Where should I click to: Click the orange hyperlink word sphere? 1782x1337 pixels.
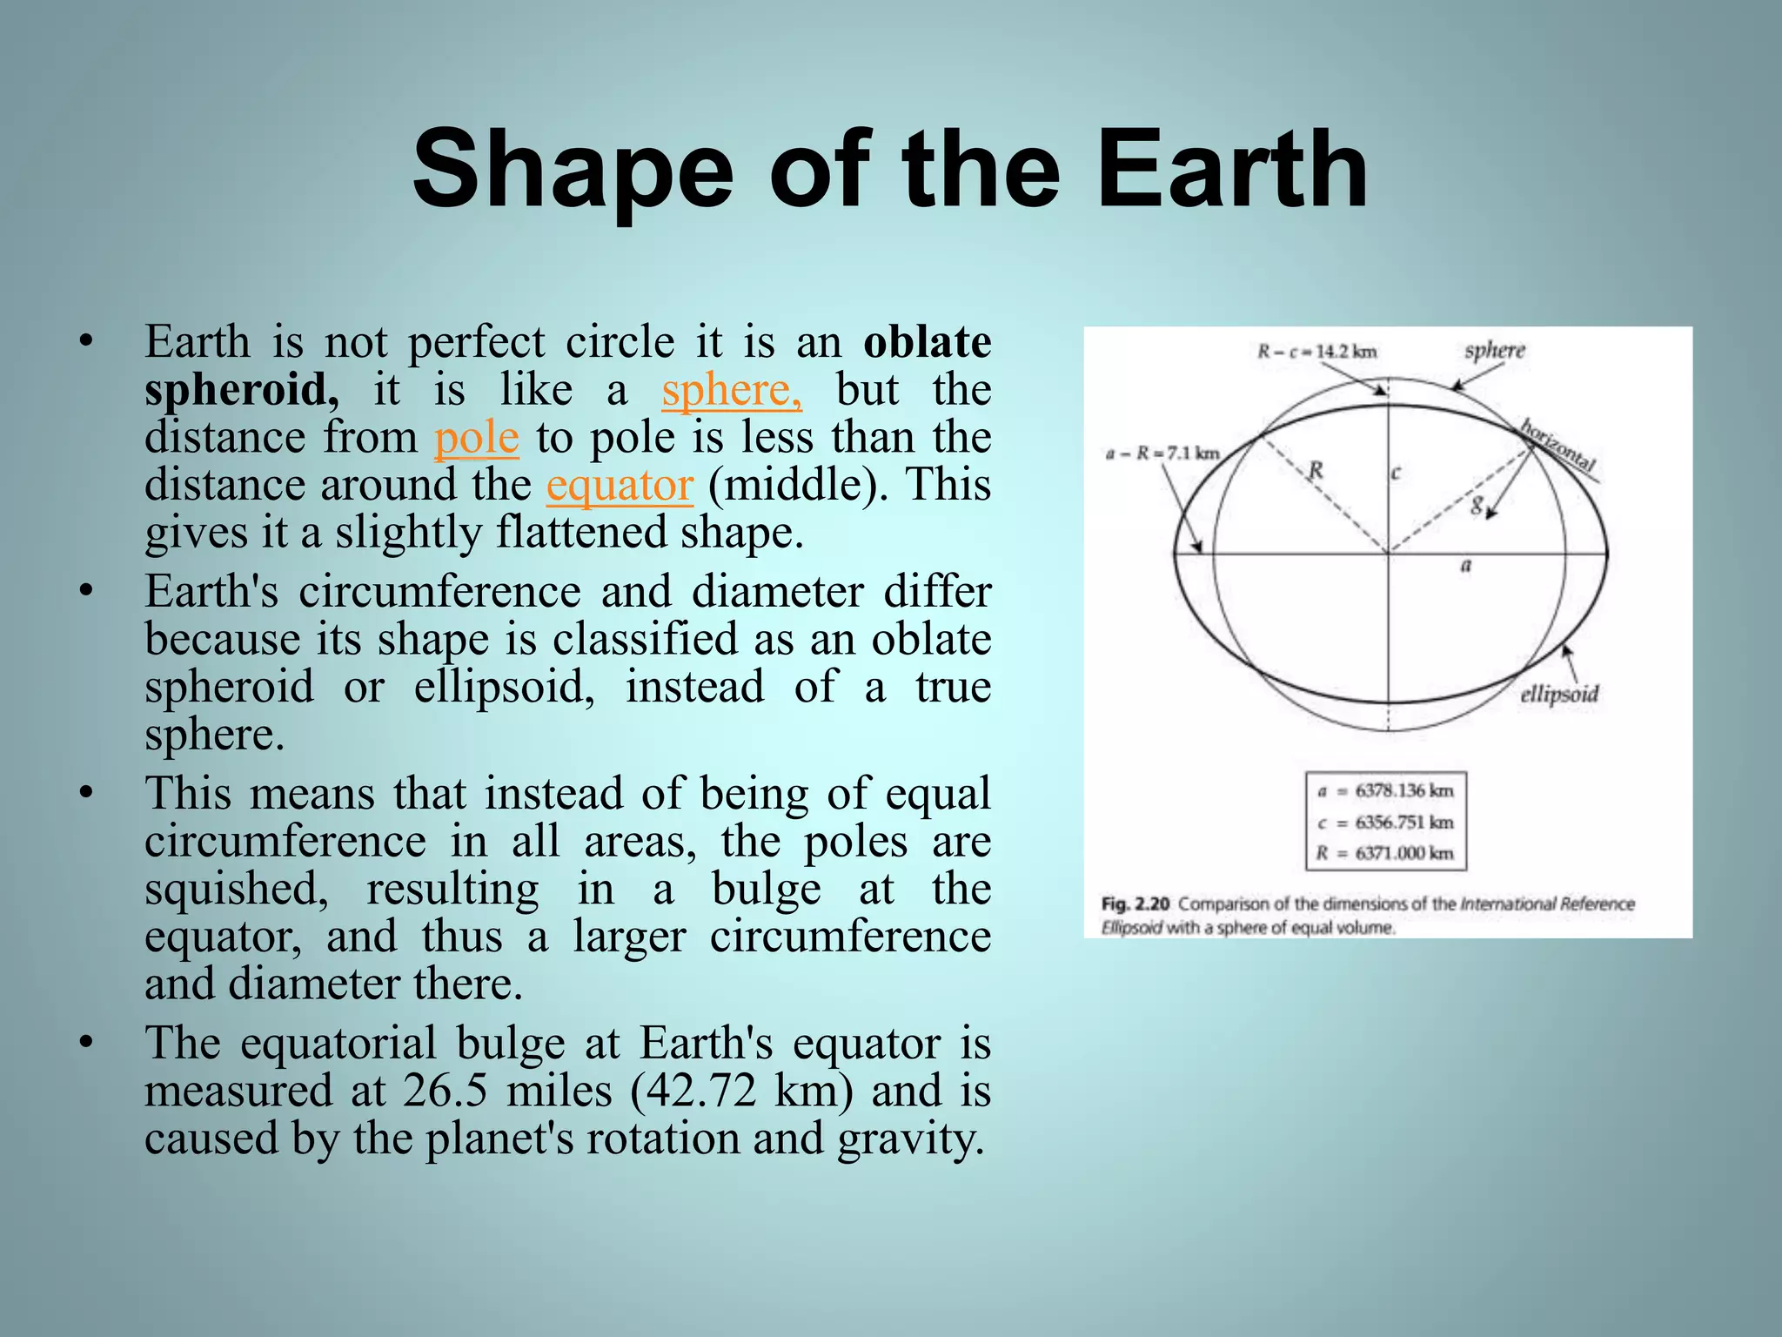tap(731, 390)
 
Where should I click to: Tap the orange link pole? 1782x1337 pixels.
tap(476, 438)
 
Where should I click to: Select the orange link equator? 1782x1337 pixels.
tap(620, 485)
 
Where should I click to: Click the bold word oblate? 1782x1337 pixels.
tap(927, 341)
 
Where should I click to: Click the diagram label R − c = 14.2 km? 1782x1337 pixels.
tap(1316, 352)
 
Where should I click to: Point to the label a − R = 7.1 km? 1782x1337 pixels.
tap(1162, 454)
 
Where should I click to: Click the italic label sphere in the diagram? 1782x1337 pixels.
tap(1495, 350)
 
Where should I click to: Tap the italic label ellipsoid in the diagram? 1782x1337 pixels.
tap(1559, 695)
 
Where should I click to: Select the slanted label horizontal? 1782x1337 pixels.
tap(1558, 445)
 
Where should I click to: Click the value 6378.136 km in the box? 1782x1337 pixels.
tap(1404, 790)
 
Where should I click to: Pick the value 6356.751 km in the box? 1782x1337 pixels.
tap(1404, 822)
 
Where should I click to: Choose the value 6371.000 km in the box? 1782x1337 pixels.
tap(1404, 853)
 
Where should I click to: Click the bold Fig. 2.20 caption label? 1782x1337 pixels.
tap(1135, 904)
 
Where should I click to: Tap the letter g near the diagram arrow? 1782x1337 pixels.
tap(1477, 505)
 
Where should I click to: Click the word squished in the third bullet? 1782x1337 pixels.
tap(236, 890)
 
